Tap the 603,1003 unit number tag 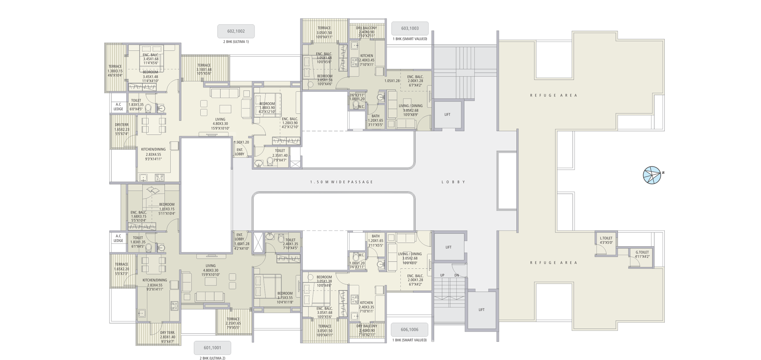click(410, 28)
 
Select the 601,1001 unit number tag click(212, 347)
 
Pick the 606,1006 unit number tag click(409, 329)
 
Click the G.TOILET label click(642, 252)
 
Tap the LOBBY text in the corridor click(454, 182)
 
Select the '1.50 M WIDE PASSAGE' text click(341, 182)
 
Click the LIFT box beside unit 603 click(447, 115)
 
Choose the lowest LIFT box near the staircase click(481, 310)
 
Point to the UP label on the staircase click(442, 275)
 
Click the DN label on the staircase click(457, 275)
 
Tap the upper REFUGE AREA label click(554, 96)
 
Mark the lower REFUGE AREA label click(554, 263)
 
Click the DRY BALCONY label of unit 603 click(366, 28)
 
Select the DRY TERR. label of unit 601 click(167, 333)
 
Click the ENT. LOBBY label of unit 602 click(239, 152)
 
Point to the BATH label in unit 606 click(376, 236)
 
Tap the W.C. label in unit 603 click(361, 107)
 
